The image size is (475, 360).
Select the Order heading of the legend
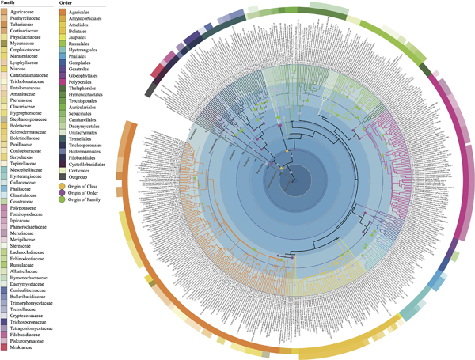pyautogui.click(x=70, y=2)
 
